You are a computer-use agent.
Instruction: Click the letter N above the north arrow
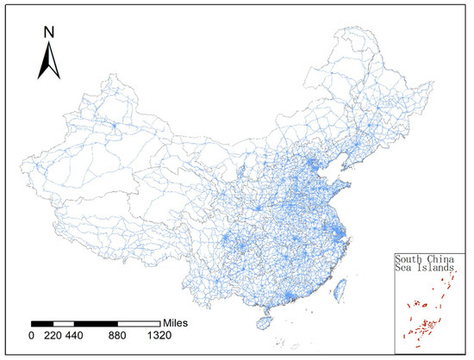pyautogui.click(x=49, y=33)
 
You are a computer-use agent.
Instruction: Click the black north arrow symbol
pyautogui.click(x=49, y=59)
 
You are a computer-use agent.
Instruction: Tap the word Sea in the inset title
pyautogui.click(x=404, y=269)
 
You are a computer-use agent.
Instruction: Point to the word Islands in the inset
pyautogui.click(x=436, y=269)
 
